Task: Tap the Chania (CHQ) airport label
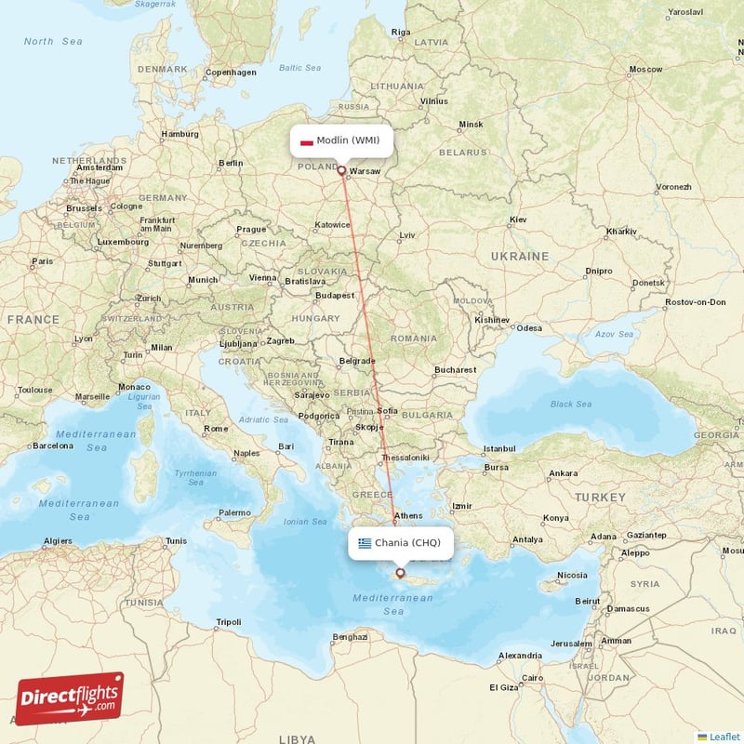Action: point(401,543)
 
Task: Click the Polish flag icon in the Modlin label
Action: point(306,142)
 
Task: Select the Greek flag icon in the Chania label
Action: point(365,543)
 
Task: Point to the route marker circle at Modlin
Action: point(341,171)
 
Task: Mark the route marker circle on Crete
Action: point(401,573)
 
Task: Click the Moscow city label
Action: point(645,70)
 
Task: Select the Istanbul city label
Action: point(499,448)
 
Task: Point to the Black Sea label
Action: point(570,405)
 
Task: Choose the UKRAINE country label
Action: point(521,256)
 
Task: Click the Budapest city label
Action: point(335,296)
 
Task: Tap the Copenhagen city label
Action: point(231,73)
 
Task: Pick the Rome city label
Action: point(216,429)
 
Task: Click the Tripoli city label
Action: point(228,622)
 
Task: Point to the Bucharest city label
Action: point(455,370)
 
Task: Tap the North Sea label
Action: point(53,42)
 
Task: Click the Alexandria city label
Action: point(520,656)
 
